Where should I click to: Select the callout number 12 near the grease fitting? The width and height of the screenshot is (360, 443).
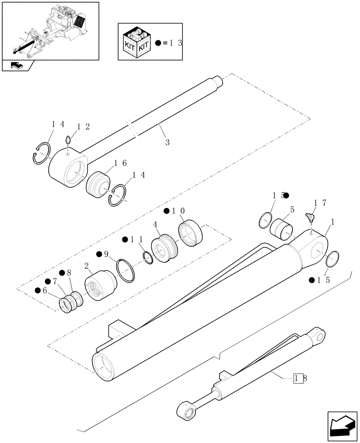coord(82,127)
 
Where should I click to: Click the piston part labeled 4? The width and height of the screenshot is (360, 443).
coord(164,249)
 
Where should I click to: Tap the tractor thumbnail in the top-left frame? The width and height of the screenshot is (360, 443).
coord(50,30)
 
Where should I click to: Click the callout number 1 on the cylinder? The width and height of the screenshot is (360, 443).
coord(333,220)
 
